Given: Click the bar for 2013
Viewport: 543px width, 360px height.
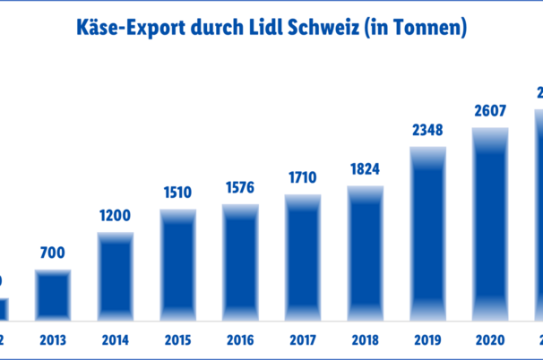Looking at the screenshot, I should coord(53,294).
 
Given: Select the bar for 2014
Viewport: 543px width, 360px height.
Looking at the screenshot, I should coord(116,275).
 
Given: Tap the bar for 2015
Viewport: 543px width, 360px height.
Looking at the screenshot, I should coord(178,264).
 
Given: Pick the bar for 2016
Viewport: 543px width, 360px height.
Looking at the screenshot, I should coord(241,261).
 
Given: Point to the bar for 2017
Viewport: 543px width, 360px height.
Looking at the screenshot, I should coord(303,256).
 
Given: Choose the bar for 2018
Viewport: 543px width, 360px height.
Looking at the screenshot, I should coord(366,253).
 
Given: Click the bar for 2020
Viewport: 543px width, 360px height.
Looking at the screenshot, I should coord(491,223).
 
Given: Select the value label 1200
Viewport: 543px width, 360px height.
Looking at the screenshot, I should coord(116,215).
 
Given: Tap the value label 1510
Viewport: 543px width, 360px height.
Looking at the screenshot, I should coord(178,192).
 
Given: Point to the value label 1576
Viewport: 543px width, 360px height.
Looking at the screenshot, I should coord(241,187).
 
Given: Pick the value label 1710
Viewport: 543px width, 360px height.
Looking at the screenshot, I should coord(303,176).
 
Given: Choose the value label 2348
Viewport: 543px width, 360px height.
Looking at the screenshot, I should coord(428,129).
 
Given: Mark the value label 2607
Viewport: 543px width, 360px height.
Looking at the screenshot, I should coord(491,110).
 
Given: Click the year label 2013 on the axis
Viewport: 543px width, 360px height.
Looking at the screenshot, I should coord(53,341).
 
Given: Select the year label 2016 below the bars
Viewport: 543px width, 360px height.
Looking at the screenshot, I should coord(241,341).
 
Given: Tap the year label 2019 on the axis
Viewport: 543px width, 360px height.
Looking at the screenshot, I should coord(428,341).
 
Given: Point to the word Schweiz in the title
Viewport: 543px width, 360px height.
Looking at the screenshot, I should coord(338,30).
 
